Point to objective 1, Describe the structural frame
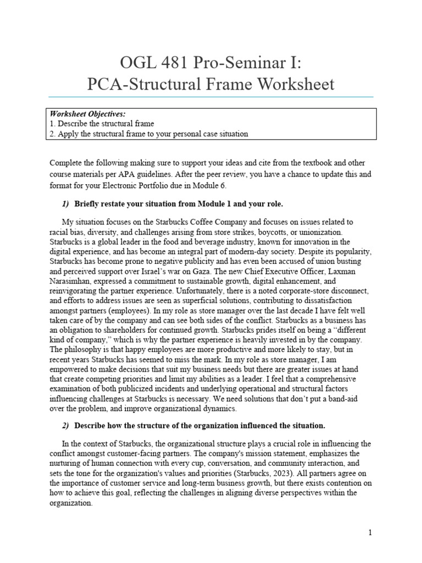coord(102,124)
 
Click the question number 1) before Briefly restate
coord(66,204)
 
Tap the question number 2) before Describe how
coord(66,425)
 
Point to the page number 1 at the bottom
coord(370,533)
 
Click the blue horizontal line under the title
coord(211,97)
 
